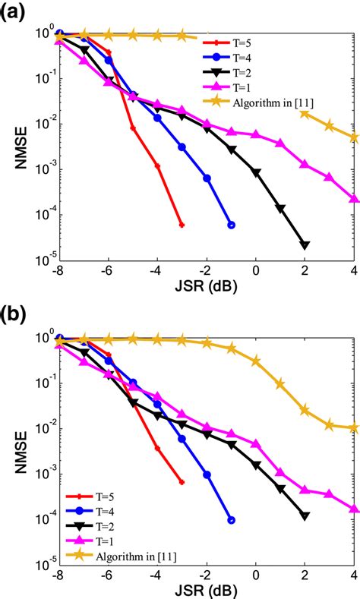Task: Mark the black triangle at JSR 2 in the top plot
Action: [305, 244]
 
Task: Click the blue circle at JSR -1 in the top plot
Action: [231, 225]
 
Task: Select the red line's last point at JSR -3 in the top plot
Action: [182, 225]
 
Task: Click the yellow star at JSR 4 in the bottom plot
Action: [355, 427]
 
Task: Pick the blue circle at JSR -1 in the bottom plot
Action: [231, 521]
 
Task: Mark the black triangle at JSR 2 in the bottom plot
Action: [305, 515]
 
